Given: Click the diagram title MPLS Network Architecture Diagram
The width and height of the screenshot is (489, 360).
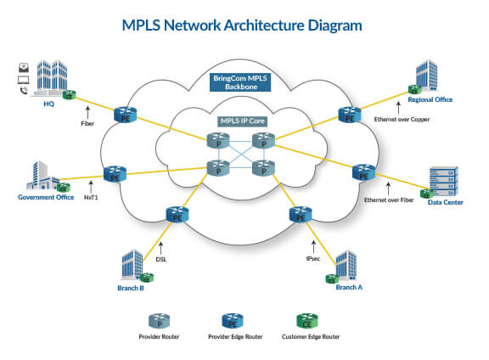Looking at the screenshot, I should (244, 25).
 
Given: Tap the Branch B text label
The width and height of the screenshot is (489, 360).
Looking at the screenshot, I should (130, 288).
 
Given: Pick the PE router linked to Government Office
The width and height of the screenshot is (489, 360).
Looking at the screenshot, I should (114, 176).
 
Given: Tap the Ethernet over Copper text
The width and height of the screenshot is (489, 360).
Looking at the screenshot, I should (402, 120).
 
